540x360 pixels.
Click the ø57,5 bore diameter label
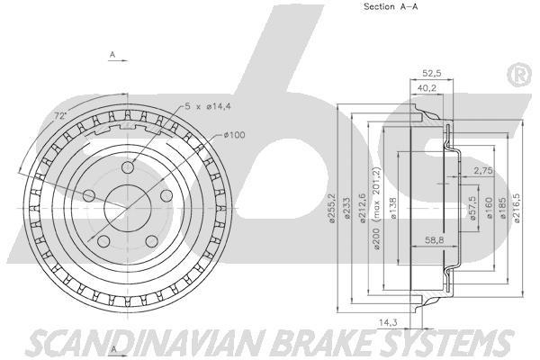[x=473, y=209]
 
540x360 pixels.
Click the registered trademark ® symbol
[x=518, y=76]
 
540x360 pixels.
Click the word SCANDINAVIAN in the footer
[x=117, y=341]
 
